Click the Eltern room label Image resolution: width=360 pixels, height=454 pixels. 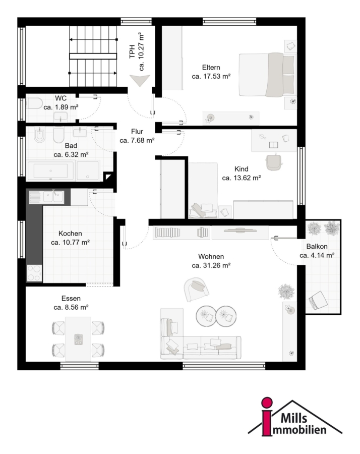[211, 68]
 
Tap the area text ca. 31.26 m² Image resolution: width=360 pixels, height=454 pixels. [211, 265]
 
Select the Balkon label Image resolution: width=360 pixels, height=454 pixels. [317, 246]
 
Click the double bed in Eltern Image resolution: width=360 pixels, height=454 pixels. [267, 75]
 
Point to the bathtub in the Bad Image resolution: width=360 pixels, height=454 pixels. [50, 171]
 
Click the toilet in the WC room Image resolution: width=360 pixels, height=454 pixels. [34, 103]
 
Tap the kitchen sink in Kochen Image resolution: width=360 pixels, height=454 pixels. [53, 197]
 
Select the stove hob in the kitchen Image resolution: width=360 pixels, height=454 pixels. [34, 273]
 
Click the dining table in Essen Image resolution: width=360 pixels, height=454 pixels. [78, 339]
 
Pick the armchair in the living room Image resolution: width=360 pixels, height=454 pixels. [196, 289]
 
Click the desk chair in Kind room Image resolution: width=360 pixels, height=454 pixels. [273, 162]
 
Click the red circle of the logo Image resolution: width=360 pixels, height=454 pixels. [267, 403]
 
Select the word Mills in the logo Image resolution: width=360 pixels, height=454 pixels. [294, 418]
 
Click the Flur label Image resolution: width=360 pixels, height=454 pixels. [137, 132]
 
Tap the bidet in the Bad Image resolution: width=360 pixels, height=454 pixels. [39, 135]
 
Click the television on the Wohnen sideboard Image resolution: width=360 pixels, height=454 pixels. [240, 231]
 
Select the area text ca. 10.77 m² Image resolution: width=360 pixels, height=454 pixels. [70, 242]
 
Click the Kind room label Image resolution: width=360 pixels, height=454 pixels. [241, 169]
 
